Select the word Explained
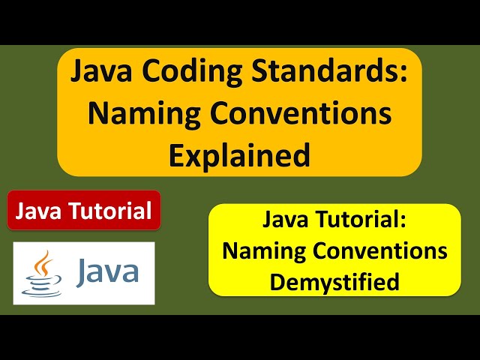point(239,155)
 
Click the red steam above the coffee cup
point(46,262)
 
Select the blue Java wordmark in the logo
point(106,271)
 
